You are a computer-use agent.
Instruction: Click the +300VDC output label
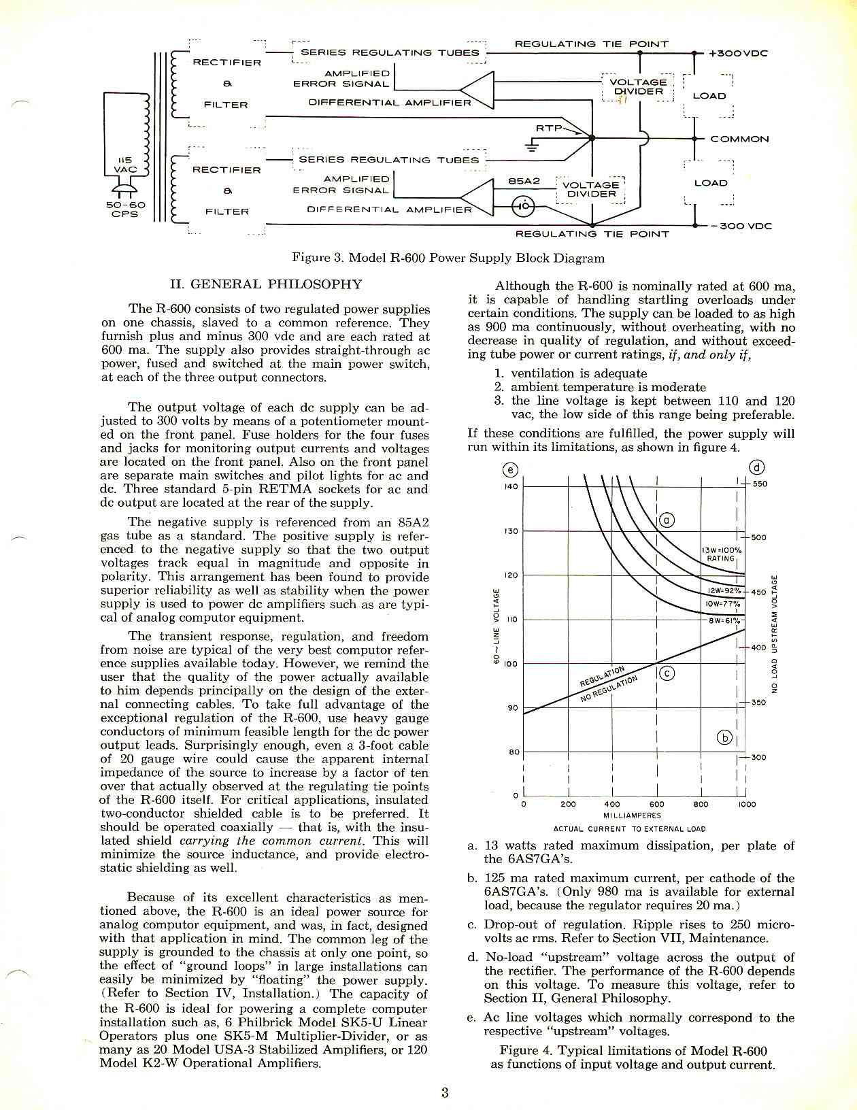738,53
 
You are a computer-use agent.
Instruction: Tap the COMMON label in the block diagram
739,139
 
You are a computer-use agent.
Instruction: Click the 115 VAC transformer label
126,165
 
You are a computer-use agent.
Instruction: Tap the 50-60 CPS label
124,209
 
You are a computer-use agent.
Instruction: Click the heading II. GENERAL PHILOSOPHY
265,284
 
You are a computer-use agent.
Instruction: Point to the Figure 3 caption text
448,258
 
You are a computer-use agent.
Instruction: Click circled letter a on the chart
667,521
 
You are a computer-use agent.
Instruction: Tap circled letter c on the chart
667,673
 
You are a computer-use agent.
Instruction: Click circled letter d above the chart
757,467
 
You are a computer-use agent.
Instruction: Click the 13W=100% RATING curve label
721,554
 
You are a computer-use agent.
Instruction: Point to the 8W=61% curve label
724,620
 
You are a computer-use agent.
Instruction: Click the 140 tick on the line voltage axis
511,486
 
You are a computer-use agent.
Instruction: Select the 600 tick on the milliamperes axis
656,804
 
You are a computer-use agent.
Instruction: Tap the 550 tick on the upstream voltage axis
760,484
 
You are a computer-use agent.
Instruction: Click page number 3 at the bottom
445,1093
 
